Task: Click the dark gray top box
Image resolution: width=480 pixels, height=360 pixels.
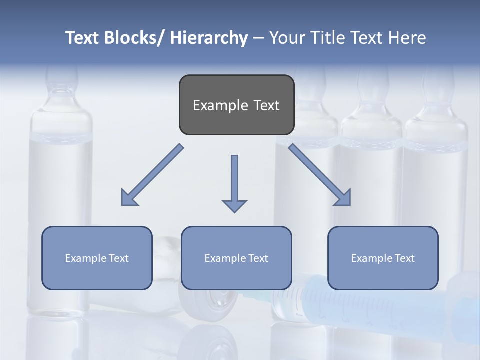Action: [236, 105]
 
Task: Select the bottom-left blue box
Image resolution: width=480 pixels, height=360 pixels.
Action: [97, 258]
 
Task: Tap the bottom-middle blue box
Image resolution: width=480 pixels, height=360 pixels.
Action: [236, 258]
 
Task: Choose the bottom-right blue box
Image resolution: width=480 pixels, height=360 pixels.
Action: [383, 258]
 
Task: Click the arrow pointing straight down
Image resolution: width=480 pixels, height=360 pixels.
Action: [234, 183]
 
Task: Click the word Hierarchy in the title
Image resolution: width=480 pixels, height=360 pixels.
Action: [209, 38]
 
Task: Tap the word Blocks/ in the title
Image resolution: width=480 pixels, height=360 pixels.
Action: [136, 38]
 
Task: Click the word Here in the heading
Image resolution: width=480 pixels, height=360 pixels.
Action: [406, 38]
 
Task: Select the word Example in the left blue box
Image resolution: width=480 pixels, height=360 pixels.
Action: [85, 258]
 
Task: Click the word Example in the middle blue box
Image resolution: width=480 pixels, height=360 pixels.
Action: [225, 258]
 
